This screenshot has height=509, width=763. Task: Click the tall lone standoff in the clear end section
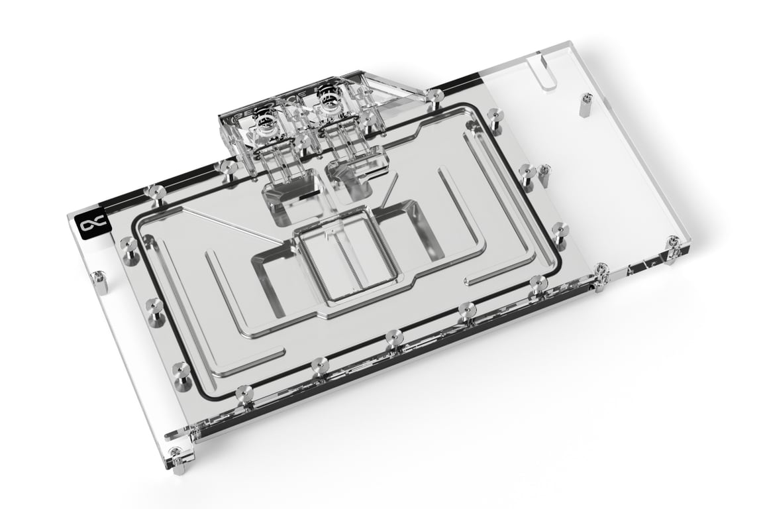click(x=585, y=104)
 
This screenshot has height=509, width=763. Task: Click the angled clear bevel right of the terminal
click(x=397, y=87)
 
